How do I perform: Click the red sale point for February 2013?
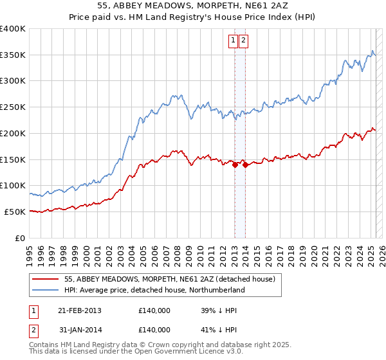(235, 165)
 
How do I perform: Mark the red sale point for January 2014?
(246, 165)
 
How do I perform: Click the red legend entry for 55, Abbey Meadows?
(170, 280)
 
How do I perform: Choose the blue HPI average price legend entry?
(154, 291)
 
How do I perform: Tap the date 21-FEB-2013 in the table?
(79, 310)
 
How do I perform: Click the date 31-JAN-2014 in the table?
(79, 329)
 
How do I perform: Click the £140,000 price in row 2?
(154, 329)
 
